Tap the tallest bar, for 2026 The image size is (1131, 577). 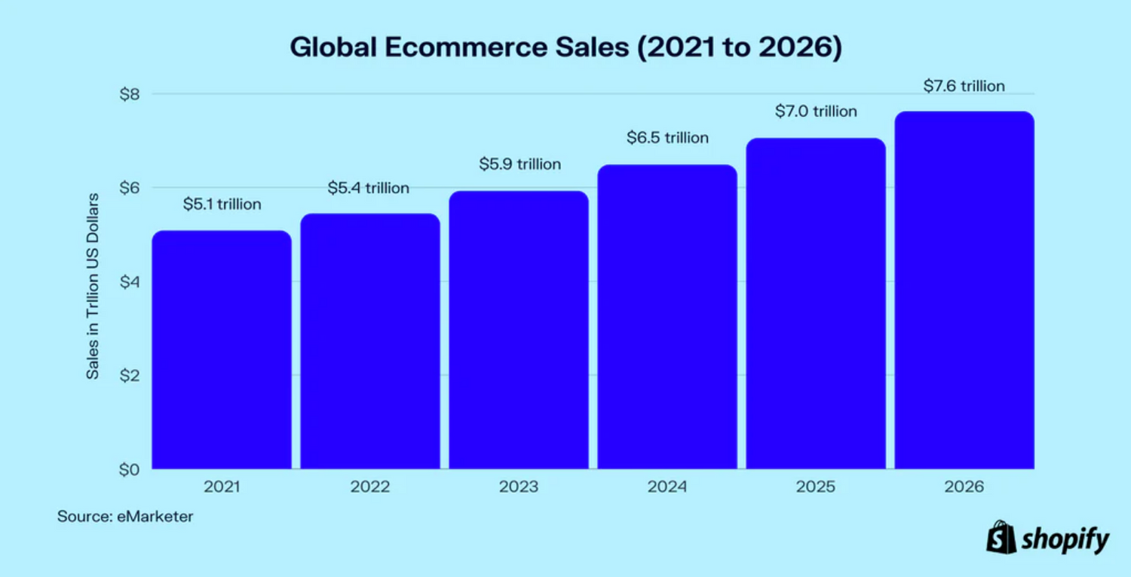(x=964, y=290)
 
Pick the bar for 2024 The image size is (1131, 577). (x=667, y=317)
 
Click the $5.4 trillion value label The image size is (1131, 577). (x=368, y=188)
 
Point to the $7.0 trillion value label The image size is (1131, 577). (x=816, y=112)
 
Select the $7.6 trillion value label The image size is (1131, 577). (x=964, y=86)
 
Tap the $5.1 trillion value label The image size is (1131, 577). (x=222, y=204)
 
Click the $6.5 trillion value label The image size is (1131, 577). (x=667, y=138)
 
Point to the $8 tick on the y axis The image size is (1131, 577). (x=130, y=94)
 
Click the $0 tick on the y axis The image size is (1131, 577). (x=130, y=469)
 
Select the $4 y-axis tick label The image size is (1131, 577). (x=130, y=282)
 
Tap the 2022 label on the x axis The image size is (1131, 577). (x=369, y=487)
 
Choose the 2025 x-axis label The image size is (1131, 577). (x=816, y=487)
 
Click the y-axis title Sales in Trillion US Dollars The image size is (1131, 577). (x=92, y=287)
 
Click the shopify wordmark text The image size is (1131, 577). (x=1065, y=540)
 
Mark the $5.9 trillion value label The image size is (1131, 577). (x=520, y=164)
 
